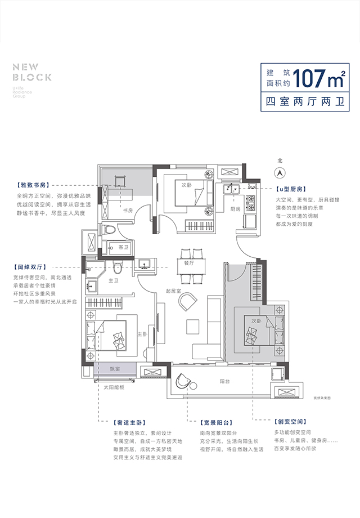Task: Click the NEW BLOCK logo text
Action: point(32,72)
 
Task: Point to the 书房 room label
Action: point(127,211)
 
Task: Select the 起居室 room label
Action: point(173,291)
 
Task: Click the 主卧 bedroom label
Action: point(142,334)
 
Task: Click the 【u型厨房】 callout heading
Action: point(291,190)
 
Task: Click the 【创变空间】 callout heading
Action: point(291,421)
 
